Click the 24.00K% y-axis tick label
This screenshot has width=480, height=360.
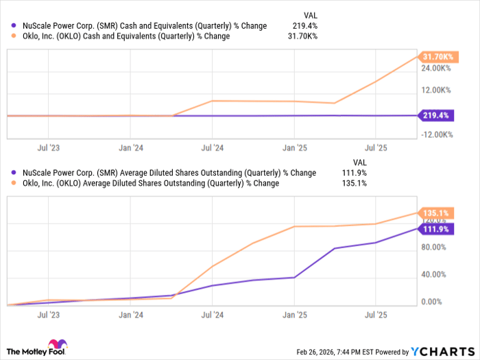point(437,69)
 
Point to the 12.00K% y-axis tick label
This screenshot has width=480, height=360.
point(437,91)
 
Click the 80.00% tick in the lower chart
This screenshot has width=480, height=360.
point(437,247)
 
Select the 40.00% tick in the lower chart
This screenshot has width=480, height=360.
point(437,274)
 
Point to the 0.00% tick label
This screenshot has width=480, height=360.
point(435,302)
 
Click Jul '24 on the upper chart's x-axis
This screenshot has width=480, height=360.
point(213,147)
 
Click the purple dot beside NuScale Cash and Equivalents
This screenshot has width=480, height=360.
point(14,26)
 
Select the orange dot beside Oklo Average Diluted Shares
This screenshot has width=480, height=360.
point(14,184)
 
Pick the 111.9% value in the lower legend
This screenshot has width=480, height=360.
point(353,173)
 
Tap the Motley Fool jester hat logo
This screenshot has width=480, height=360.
point(56,346)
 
